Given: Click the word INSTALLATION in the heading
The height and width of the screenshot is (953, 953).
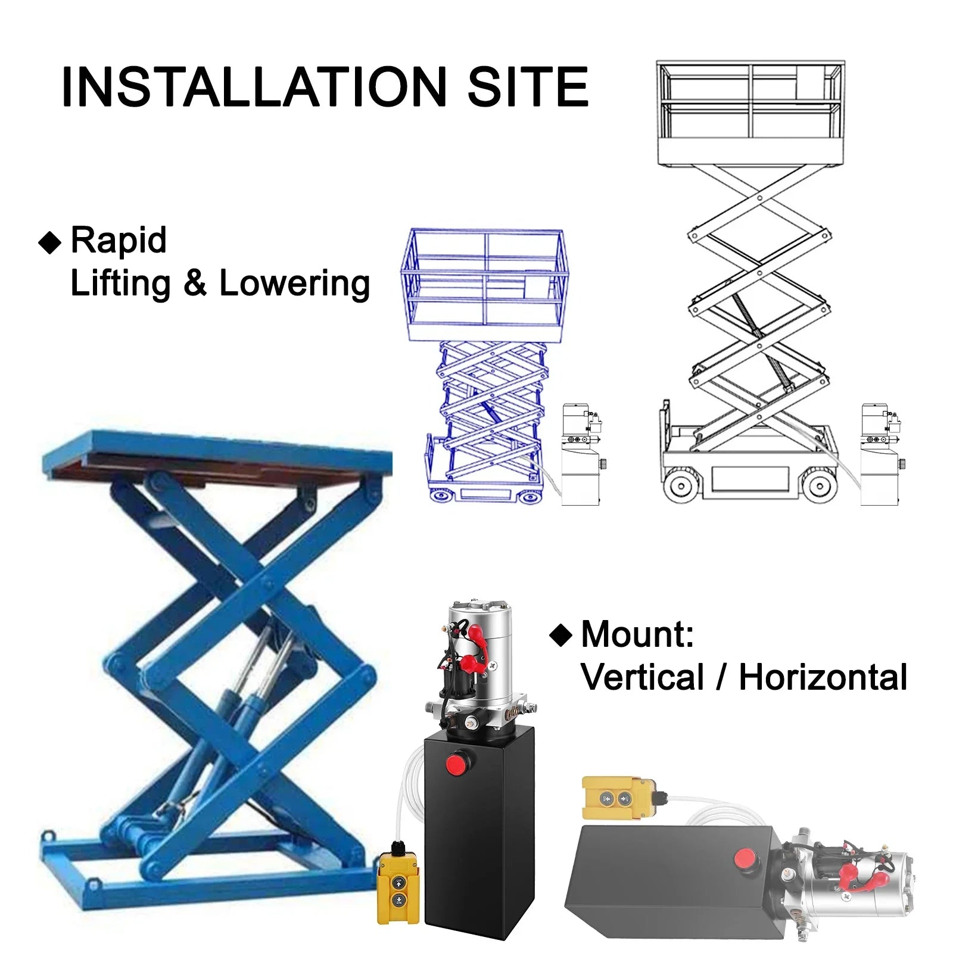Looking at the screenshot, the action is [254, 87].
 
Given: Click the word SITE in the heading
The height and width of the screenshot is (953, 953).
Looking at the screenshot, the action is [528, 87].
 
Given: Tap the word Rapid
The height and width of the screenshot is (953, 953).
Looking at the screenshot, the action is [119, 241].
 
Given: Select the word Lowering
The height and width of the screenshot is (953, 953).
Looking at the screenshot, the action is [295, 284].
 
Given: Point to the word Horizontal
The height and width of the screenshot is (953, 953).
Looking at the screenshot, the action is [823, 677].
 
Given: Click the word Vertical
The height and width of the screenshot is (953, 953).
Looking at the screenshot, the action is [643, 677].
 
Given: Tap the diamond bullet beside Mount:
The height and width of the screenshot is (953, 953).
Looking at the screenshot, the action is [560, 635].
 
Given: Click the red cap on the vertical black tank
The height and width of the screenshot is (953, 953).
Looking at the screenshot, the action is [457, 764].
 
